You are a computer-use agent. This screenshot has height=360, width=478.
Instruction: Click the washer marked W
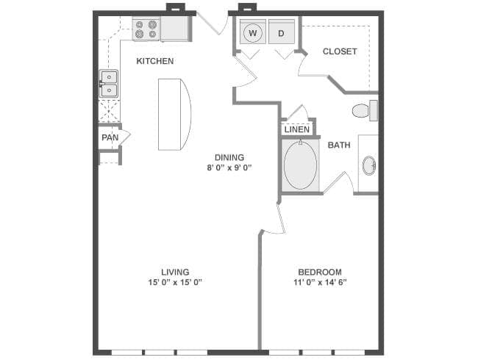coord(253,32)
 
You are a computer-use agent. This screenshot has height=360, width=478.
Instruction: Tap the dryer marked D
coord(282,32)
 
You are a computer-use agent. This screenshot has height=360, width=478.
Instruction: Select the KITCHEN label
coord(155,61)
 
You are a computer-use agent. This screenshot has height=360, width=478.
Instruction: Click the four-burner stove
coord(146,29)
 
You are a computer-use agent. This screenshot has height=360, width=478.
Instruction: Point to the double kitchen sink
coord(109,84)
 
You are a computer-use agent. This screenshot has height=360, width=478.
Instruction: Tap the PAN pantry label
coord(110,137)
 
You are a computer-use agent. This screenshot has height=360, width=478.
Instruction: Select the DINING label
coord(229,157)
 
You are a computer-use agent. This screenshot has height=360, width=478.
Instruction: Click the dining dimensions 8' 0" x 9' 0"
coord(229,168)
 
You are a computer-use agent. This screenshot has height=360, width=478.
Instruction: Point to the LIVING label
coord(175,272)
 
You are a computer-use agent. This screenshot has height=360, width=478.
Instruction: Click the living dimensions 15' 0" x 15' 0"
coord(175,282)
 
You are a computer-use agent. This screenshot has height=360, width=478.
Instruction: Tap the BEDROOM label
coord(320,272)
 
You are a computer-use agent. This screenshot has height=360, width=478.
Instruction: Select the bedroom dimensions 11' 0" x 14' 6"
coord(320,282)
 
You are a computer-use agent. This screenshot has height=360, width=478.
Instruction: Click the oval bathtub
coord(300,165)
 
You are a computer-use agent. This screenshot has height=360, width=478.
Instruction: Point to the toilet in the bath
coord(365,110)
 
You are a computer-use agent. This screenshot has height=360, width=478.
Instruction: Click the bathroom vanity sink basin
coord(369,166)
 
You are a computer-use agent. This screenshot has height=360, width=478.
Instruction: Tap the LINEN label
coord(297,129)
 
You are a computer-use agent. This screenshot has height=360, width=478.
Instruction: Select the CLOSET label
coord(340,51)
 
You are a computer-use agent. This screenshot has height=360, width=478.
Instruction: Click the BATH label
coord(339,145)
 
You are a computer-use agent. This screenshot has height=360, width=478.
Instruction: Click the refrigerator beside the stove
coord(175,29)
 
